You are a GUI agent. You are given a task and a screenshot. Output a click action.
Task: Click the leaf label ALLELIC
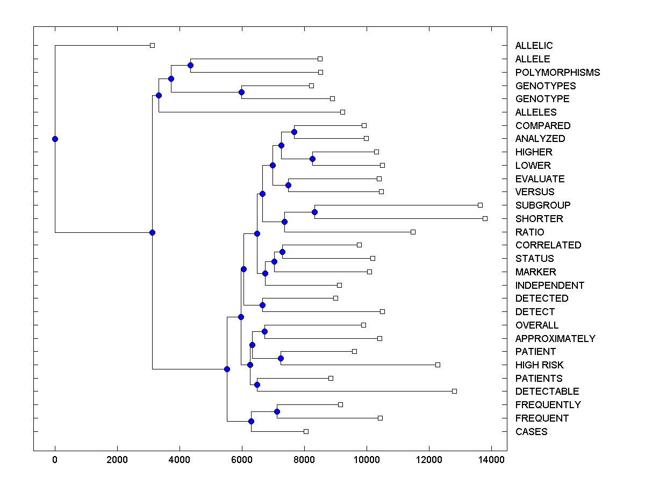pos(534,46)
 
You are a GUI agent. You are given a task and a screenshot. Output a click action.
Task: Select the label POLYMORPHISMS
pos(557,72)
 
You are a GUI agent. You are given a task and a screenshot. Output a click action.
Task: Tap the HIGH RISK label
pos(539,365)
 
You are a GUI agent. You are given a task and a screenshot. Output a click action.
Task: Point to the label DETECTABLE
pos(547,391)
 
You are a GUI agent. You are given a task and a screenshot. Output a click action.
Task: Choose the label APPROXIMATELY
pos(555,338)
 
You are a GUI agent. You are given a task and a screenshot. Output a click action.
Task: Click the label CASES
pos(531,431)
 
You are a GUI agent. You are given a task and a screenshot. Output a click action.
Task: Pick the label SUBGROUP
pos(543,205)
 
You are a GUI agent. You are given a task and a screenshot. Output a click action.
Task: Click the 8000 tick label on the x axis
pos(304,460)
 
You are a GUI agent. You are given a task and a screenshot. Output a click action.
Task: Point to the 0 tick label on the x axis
pos(55,460)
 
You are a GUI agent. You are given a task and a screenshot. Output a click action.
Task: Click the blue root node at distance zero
pos(55,139)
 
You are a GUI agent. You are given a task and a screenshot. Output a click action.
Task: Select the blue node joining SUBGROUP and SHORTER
pos(314,212)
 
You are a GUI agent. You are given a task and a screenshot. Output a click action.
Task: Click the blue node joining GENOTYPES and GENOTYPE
pos(241,92)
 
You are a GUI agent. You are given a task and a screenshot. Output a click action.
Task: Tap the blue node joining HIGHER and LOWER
pos(312,159)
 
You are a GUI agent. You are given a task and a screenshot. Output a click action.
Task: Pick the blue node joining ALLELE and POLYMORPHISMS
pos(190,65)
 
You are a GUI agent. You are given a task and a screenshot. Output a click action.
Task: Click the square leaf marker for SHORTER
pos(485,218)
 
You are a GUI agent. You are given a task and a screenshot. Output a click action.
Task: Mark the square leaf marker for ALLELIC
pos(152,46)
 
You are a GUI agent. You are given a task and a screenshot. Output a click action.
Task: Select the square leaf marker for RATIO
pos(413,232)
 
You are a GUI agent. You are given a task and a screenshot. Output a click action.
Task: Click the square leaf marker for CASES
pos(306,431)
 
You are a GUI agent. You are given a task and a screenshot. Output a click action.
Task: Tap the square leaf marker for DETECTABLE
pos(454,391)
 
